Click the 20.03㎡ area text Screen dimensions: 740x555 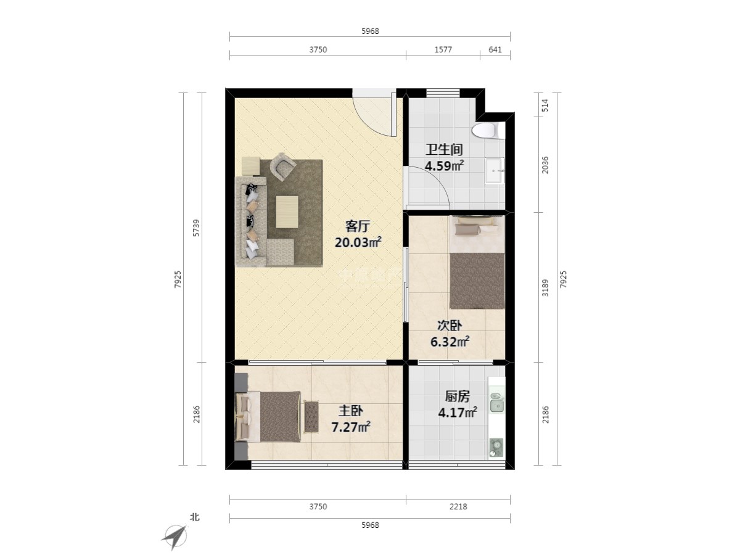point(358,242)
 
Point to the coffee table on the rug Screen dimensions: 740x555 point(287,212)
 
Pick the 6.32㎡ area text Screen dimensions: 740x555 point(450,342)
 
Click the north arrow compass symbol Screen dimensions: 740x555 point(175,536)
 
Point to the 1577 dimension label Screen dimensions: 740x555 point(443,49)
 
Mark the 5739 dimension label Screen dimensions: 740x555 point(196,228)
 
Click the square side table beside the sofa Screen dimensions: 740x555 point(250,166)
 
